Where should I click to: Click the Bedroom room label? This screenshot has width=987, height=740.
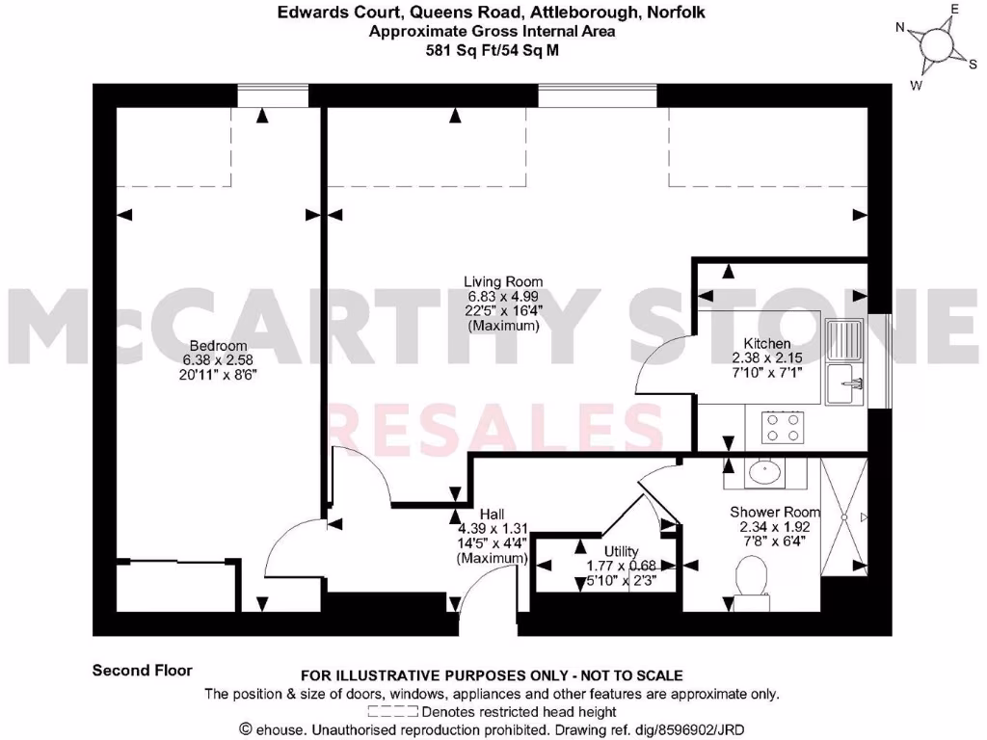tap(218, 346)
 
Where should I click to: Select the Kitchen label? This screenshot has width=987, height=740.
tap(767, 344)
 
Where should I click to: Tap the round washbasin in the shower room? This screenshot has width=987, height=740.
tap(766, 473)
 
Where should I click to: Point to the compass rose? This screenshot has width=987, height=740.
tap(934, 43)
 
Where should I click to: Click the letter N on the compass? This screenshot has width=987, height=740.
tap(900, 28)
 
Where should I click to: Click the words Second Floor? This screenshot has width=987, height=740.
tap(143, 670)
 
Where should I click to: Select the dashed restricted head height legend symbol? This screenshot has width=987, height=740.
tap(394, 712)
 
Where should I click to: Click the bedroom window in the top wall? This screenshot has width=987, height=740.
tap(274, 95)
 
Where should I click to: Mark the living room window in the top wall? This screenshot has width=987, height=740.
tap(598, 95)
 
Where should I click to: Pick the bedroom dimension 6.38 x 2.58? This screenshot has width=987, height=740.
tap(218, 360)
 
